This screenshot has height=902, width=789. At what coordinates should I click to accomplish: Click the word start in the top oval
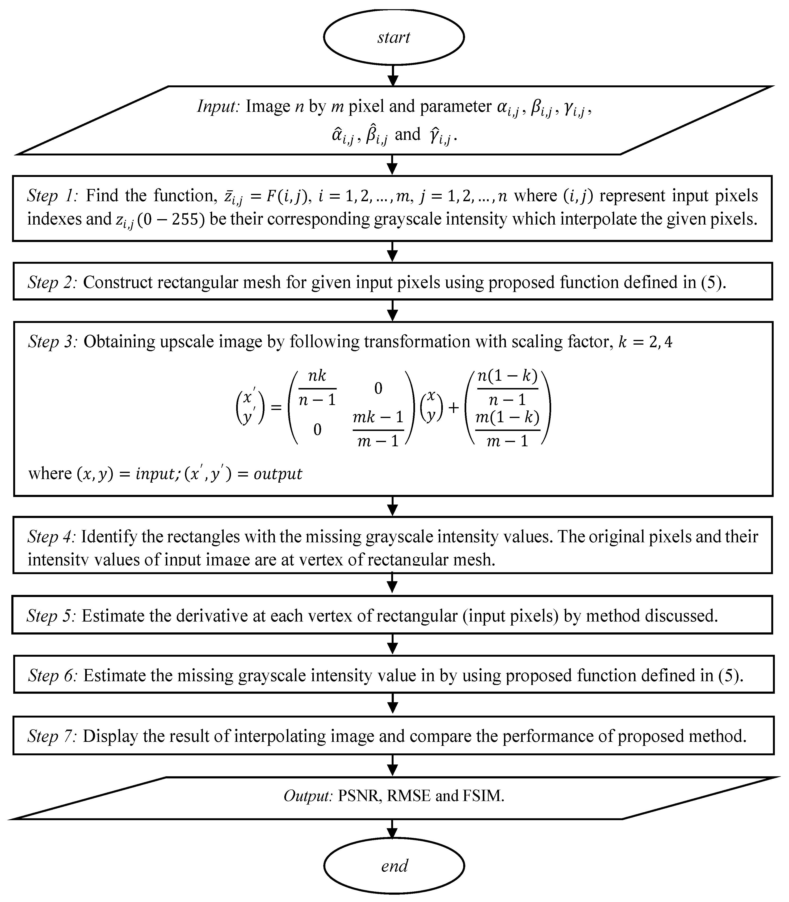(394, 38)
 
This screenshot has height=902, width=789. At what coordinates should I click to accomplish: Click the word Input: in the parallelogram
(218, 107)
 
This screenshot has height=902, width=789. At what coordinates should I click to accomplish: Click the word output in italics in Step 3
(278, 474)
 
